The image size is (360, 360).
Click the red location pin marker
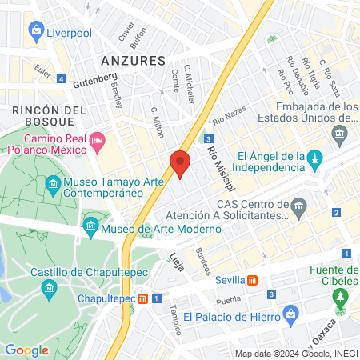180,164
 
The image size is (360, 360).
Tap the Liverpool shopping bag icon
36,31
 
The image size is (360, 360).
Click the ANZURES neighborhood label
134,61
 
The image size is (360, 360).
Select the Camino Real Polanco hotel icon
98,141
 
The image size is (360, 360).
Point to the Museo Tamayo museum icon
54,185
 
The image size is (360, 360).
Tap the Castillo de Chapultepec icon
50,287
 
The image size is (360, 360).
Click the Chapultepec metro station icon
142,298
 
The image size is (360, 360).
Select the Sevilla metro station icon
253,281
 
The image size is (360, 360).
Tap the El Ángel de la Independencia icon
315,157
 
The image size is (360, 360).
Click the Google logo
26,350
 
